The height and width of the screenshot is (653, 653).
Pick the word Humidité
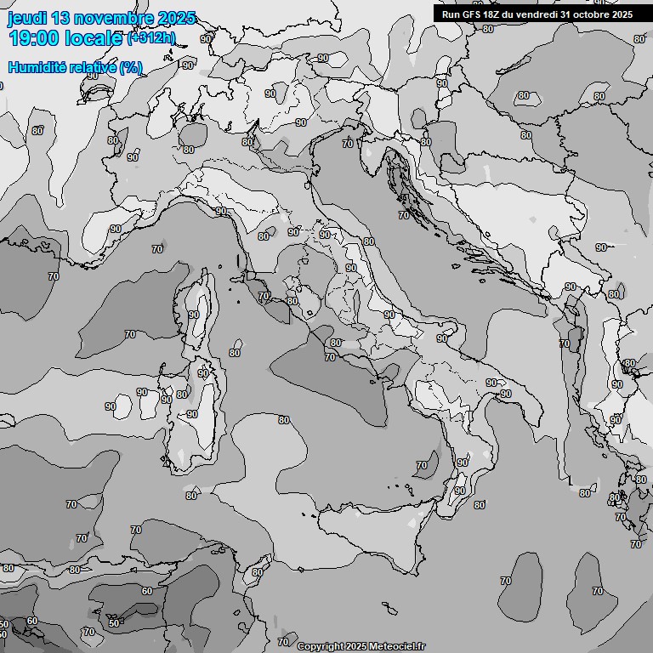[36, 67]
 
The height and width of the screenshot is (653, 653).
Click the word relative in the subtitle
[91, 67]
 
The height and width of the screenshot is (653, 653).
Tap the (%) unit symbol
[131, 67]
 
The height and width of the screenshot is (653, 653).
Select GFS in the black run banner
[470, 14]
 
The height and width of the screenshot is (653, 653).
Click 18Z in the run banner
[492, 14]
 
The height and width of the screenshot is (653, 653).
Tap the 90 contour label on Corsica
[194, 315]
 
